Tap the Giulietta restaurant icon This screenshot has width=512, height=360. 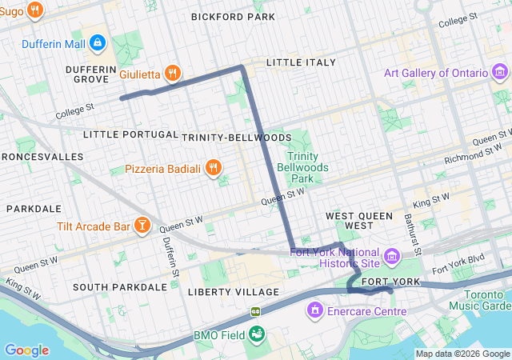pyautogui.click(x=172, y=74)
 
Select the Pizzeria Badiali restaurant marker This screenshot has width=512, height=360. pyautogui.click(x=213, y=168)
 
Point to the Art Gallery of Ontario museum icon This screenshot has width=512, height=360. pyautogui.click(x=501, y=74)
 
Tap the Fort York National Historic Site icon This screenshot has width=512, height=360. pyautogui.click(x=392, y=256)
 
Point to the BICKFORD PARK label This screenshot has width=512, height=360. pyautogui.click(x=234, y=17)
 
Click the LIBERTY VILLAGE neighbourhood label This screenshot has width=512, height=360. pyautogui.click(x=234, y=292)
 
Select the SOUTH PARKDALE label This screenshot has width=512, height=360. pyautogui.click(x=119, y=286)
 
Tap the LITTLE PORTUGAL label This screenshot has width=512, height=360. pyautogui.click(x=130, y=134)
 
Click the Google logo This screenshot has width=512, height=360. pyautogui.click(x=26, y=350)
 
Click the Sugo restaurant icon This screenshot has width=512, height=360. pyautogui.click(x=34, y=10)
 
